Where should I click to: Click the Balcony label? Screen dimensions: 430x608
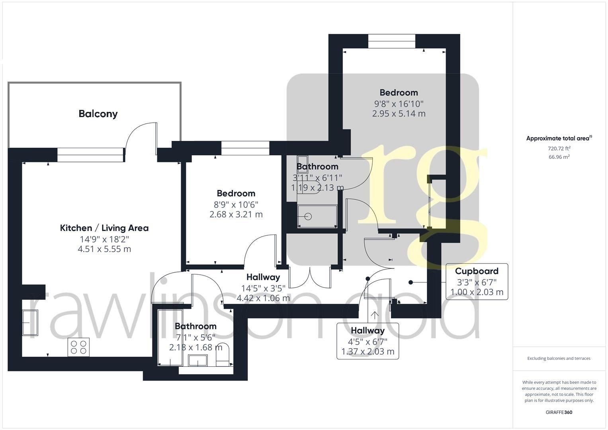click(x=98, y=114)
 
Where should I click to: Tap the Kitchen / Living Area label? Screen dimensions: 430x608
click(x=104, y=228)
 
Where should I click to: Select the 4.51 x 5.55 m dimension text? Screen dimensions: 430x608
click(x=104, y=249)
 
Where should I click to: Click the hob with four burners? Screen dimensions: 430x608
click(x=78, y=347)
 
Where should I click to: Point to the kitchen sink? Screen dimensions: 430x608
click(x=30, y=322)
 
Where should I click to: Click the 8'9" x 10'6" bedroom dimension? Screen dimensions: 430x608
click(x=236, y=204)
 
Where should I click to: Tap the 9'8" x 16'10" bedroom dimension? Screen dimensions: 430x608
click(x=399, y=104)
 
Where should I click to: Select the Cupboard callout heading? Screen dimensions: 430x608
click(x=477, y=271)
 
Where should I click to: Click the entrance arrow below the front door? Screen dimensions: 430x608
click(x=374, y=315)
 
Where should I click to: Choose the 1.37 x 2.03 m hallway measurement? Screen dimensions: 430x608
click(x=368, y=352)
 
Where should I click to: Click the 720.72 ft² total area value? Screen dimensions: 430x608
click(x=559, y=149)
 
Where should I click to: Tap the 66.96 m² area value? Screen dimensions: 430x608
click(x=559, y=157)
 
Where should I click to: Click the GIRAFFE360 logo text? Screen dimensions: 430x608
click(x=559, y=412)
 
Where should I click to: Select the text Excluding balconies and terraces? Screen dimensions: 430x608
click(x=559, y=358)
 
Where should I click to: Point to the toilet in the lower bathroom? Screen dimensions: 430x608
click(x=223, y=355)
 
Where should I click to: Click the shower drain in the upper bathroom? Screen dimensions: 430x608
click(x=308, y=217)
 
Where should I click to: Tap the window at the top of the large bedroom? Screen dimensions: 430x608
click(x=391, y=41)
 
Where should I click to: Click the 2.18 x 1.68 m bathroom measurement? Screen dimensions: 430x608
click(x=195, y=348)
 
